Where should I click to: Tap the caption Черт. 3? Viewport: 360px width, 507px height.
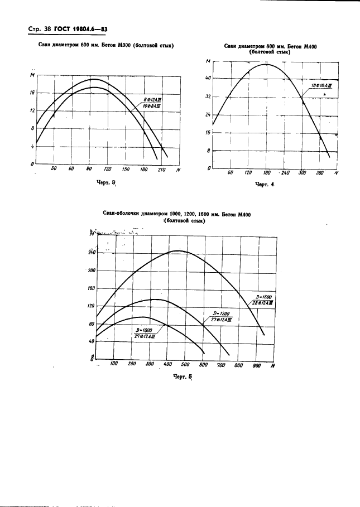point(105,182)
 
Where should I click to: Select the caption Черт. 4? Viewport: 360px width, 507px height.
point(266,185)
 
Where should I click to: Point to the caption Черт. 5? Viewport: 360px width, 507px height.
point(183,378)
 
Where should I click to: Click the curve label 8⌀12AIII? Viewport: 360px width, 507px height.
point(152,99)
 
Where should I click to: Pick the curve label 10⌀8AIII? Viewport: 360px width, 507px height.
point(152,105)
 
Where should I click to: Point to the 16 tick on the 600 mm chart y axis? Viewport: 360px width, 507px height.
point(32,93)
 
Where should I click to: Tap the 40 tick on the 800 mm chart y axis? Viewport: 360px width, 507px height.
point(208,78)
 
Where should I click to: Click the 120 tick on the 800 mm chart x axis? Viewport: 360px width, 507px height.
point(248,173)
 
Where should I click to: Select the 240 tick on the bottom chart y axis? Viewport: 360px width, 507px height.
point(92,252)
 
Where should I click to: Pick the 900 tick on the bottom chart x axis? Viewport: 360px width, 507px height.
point(256,365)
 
